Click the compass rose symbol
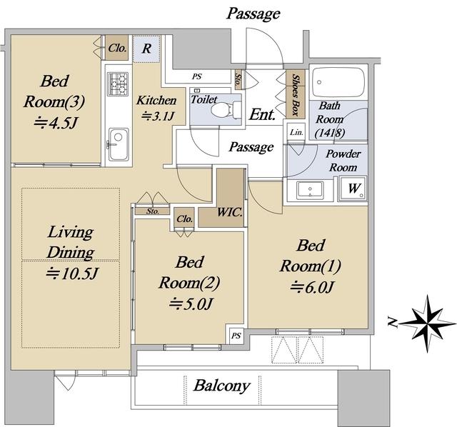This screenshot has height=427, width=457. [x=427, y=323]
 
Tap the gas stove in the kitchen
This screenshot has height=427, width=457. [x=118, y=84]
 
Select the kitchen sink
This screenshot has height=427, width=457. [x=119, y=145]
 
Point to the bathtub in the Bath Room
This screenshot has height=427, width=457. [x=338, y=83]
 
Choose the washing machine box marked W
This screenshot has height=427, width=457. [x=353, y=189]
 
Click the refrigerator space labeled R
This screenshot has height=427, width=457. [x=146, y=49]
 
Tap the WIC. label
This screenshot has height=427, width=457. [x=230, y=212]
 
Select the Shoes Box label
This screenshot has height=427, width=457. [x=296, y=95]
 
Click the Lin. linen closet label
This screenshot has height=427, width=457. [x=296, y=132]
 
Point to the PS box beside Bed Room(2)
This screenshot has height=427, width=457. [x=236, y=336]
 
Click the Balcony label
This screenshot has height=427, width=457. [x=222, y=386]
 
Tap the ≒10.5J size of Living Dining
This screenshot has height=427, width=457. [x=71, y=273]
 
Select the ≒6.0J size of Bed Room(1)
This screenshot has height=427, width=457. [x=311, y=287]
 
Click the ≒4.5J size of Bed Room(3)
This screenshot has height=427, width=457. [x=56, y=123]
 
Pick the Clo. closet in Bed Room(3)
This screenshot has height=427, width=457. [x=116, y=48]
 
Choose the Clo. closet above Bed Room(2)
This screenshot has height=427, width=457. [x=184, y=218]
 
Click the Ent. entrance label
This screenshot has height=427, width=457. [x=262, y=114]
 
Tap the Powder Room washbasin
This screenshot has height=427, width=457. [x=310, y=190]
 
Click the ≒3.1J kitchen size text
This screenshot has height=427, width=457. [x=158, y=116]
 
